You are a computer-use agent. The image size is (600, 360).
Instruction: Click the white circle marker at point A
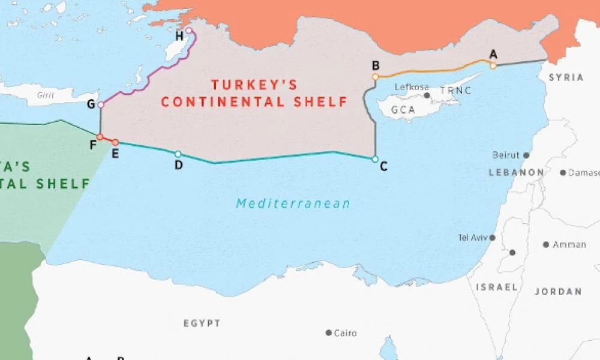493,65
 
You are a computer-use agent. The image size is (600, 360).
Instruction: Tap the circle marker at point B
375,77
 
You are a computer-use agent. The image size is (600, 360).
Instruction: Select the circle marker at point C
375,159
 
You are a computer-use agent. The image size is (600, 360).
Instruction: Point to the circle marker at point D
178,154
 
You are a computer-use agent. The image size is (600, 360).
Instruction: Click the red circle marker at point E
115,143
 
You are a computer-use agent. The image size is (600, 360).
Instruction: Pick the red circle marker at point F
100,137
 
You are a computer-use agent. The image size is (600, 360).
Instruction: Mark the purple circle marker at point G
101,104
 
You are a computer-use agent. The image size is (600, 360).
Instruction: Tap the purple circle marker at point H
189,30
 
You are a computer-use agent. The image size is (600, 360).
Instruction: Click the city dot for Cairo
329,332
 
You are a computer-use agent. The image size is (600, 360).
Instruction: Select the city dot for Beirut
526,155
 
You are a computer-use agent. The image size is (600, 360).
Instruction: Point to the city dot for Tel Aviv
493,238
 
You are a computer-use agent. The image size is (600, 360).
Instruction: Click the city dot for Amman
546,244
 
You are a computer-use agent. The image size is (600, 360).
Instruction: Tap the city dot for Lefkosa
427,95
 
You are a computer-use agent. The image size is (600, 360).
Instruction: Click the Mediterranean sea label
293,203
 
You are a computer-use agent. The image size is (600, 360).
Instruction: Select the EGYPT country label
202,323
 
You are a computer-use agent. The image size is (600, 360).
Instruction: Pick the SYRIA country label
566,77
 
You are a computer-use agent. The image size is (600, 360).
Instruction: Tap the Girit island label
46,95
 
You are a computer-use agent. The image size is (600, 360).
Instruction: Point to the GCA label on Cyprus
403,110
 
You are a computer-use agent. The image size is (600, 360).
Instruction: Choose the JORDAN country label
557,292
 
